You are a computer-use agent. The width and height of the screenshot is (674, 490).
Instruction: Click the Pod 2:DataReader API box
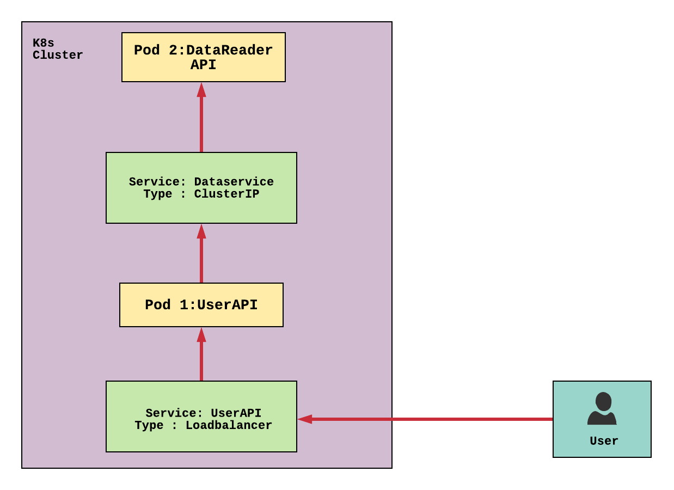click(203, 57)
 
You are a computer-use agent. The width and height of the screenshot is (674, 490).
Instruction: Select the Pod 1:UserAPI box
click(201, 305)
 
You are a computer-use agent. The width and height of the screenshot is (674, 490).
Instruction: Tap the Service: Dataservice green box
click(201, 188)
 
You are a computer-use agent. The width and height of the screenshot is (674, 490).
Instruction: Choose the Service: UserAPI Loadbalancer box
click(201, 416)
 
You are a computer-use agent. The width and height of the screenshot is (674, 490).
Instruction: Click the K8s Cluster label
click(57, 50)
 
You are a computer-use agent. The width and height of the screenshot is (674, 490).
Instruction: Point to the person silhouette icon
click(602, 408)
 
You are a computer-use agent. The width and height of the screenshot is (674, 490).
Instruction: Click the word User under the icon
click(604, 441)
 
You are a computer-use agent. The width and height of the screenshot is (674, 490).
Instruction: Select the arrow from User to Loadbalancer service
click(430, 419)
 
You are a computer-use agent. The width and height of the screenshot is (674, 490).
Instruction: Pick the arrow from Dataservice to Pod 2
click(201, 122)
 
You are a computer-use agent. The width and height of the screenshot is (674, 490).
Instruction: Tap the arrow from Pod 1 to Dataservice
click(201, 259)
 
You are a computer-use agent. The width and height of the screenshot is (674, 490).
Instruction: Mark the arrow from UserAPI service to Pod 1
click(201, 359)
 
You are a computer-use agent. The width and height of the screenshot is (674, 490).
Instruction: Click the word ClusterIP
click(226, 194)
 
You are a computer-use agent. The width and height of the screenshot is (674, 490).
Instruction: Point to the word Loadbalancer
click(229, 426)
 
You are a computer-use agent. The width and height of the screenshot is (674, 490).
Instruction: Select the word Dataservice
click(234, 182)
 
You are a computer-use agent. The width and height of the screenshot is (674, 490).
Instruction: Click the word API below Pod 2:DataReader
click(203, 65)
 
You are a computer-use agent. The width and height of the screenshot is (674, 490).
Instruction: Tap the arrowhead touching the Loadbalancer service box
click(305, 419)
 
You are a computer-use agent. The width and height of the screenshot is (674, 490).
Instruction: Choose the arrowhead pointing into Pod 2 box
click(201, 90)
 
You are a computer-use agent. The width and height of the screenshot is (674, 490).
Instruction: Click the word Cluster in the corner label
click(58, 56)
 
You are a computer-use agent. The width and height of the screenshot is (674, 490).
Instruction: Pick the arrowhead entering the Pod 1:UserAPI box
click(201, 334)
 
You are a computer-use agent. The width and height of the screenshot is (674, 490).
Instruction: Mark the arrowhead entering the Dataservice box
click(201, 231)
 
